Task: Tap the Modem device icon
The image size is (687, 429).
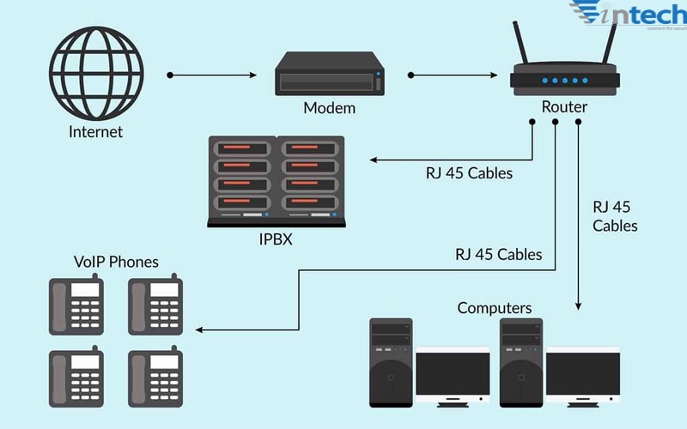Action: click(329, 74)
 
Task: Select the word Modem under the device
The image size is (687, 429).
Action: click(329, 109)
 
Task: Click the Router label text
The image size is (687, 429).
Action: click(564, 107)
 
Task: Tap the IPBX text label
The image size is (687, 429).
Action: click(276, 239)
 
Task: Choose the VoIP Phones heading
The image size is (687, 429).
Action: click(116, 262)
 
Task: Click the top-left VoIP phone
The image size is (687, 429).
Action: click(76, 304)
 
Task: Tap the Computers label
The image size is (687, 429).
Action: click(495, 308)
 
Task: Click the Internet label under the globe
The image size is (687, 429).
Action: click(95, 132)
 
